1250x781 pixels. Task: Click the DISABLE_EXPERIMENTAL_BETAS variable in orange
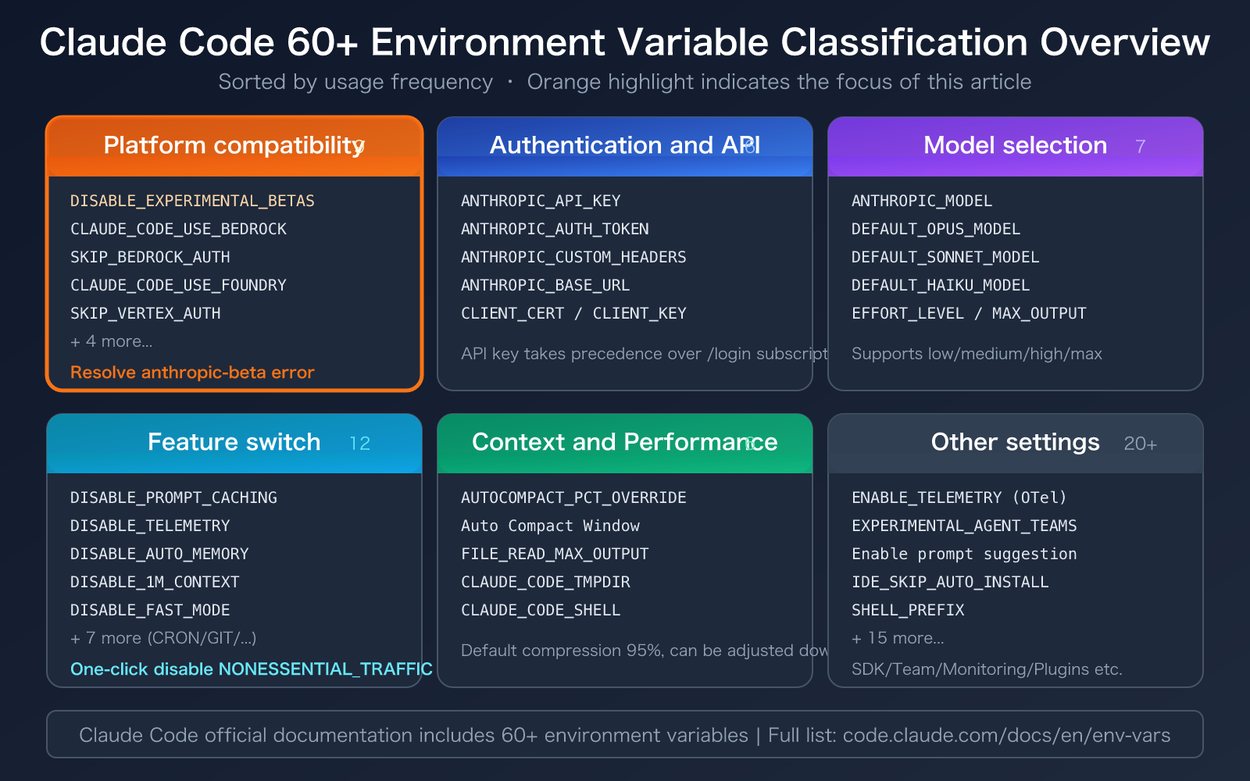pos(192,201)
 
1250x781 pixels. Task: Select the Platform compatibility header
pos(233,145)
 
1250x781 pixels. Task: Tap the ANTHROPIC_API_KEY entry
pos(541,201)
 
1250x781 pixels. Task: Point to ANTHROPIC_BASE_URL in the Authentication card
pos(545,285)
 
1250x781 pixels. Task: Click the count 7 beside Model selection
pos(1140,147)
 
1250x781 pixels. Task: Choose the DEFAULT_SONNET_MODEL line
pos(945,257)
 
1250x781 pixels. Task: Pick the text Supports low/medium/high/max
pos(976,354)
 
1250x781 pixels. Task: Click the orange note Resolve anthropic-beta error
pos(192,373)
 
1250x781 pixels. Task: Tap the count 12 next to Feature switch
pos(359,444)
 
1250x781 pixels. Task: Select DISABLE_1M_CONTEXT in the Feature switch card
pos(155,582)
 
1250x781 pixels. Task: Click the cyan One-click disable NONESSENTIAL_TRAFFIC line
pos(251,669)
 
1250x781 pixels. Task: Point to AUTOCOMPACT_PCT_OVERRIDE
pos(573,497)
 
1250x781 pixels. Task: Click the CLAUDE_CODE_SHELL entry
pos(541,610)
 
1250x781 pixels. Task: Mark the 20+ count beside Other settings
pos(1140,444)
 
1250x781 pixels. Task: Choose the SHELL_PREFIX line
pos(908,610)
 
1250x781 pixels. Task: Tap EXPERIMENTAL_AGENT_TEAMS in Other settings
pos(964,526)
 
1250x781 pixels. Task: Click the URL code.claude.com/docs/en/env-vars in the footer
pos(1006,735)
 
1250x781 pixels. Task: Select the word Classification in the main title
pos(903,42)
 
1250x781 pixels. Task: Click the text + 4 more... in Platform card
pos(111,341)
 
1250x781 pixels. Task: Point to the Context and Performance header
pos(623,442)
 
